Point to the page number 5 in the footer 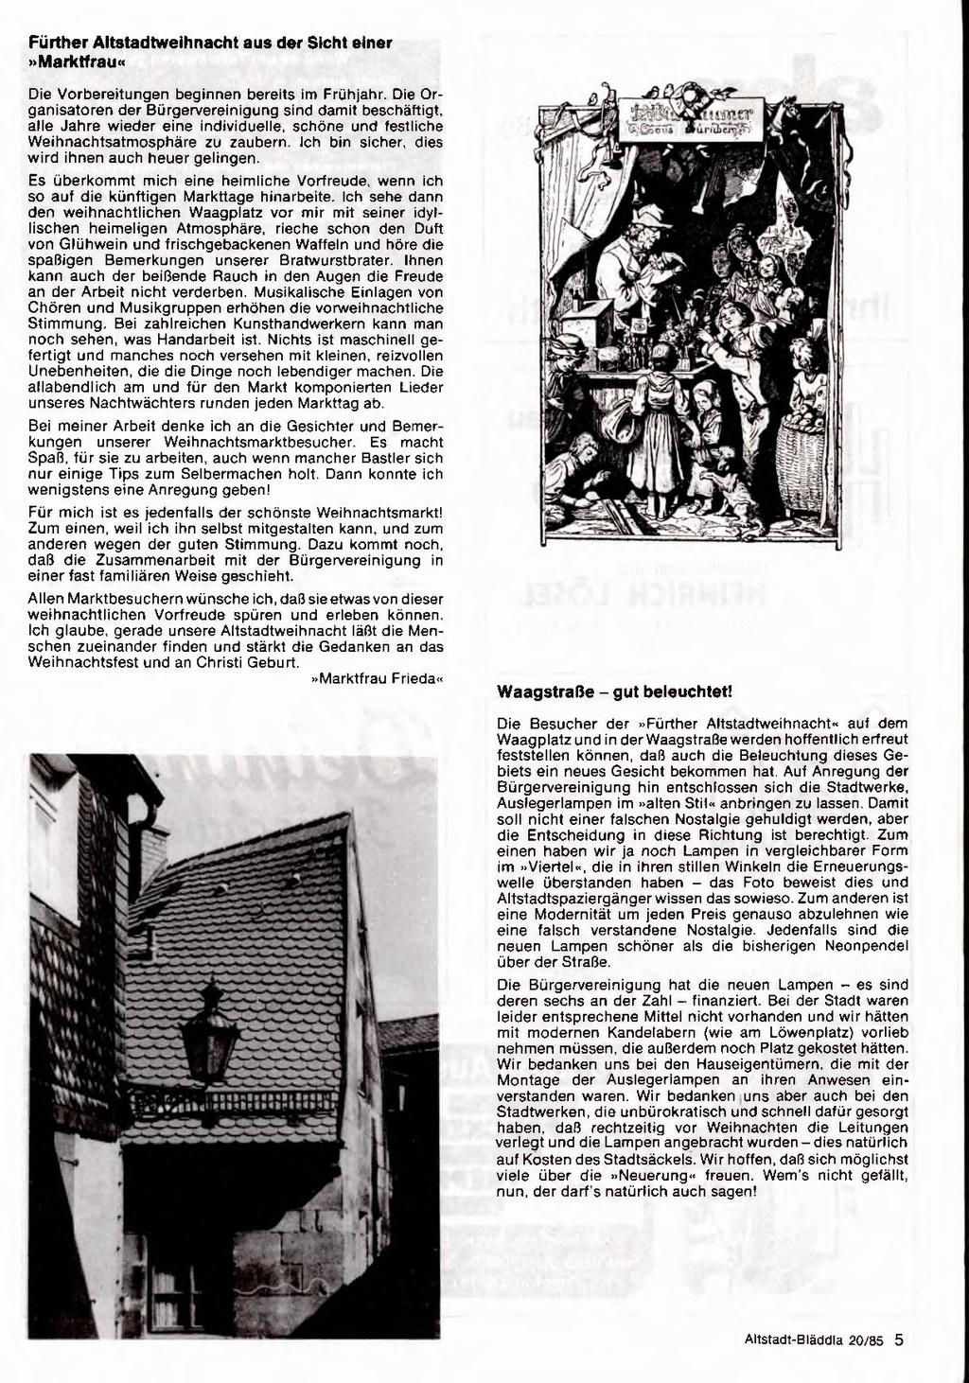tap(900, 1339)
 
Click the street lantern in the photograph tap(209, 1036)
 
